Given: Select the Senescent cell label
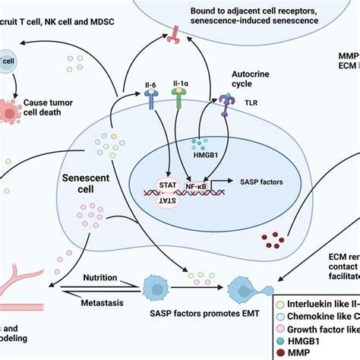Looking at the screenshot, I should [x=82, y=182].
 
